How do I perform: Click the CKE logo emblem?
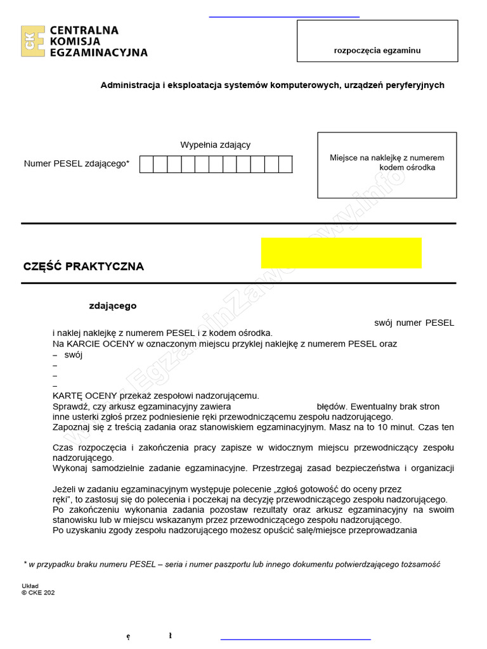tap(32, 41)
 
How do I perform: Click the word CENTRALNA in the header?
tap(84, 30)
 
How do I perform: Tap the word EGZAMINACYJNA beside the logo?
tap(98, 53)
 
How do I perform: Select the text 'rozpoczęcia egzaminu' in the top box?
tap(377, 51)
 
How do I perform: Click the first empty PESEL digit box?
tap(146, 164)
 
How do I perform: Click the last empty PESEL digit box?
tap(285, 164)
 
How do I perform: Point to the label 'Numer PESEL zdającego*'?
tap(77, 164)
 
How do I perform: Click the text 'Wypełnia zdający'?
tap(216, 145)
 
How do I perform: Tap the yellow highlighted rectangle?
tap(341, 253)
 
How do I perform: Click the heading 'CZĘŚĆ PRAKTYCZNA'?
tap(84, 266)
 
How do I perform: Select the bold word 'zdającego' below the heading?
tap(113, 305)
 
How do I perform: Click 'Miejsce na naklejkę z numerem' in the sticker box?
tap(387, 158)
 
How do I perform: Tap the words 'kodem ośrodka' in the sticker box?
tap(407, 167)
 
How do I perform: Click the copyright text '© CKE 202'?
tap(38, 593)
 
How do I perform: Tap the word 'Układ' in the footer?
tap(30, 586)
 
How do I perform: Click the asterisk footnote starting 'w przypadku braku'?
tap(232, 564)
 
